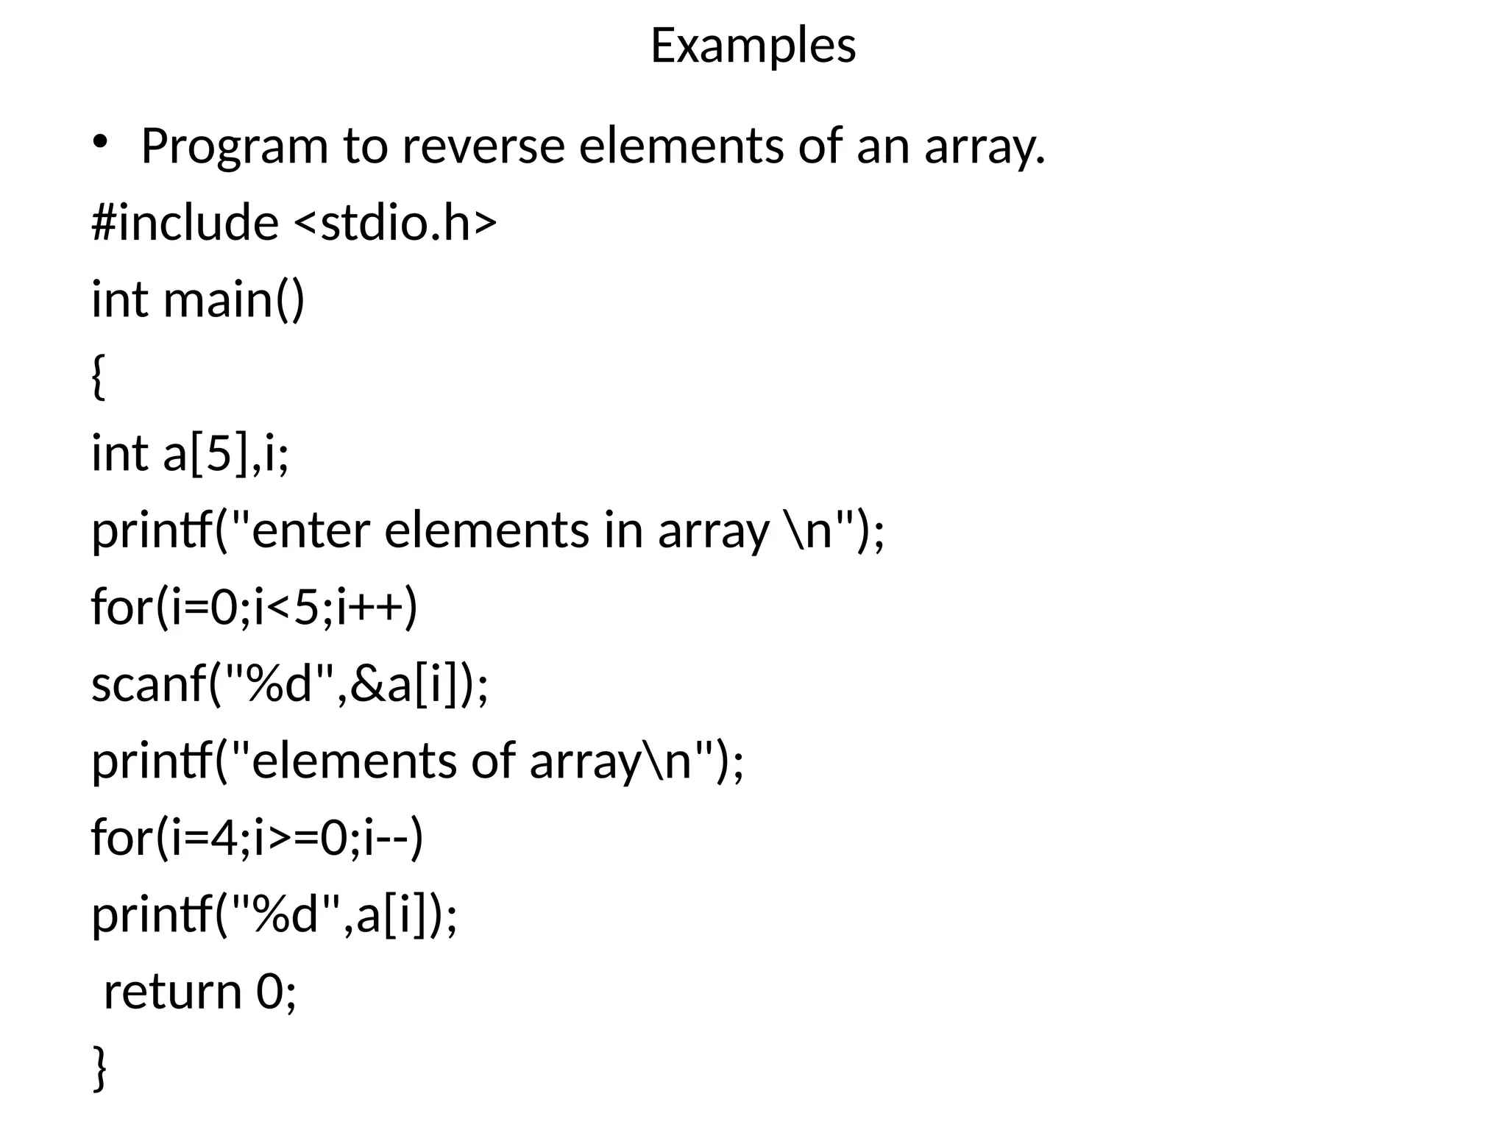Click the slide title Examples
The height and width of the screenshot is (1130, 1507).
pos(753,46)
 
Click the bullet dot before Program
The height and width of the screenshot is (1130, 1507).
pos(100,143)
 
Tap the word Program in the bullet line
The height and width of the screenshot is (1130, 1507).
pos(234,146)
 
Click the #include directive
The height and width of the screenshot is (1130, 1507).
pos(185,222)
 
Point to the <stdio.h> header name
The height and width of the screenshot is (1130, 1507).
pos(395,222)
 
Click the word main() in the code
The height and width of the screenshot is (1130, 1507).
pos(233,299)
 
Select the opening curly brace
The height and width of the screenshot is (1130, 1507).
pos(99,376)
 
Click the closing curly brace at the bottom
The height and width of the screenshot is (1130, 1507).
pos(100,1068)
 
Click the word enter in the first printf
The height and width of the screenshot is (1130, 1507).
pos(310,530)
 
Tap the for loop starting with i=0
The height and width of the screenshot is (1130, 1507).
pos(254,608)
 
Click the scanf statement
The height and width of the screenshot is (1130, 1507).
pos(289,684)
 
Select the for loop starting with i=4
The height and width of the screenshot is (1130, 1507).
pos(257,838)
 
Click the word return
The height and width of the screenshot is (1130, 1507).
pos(173,992)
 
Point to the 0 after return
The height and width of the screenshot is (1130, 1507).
pos(270,992)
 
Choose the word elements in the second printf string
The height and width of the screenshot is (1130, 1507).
pos(353,761)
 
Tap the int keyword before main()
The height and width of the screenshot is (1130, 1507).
pos(119,299)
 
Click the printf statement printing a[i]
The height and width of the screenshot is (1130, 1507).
pos(274,915)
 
